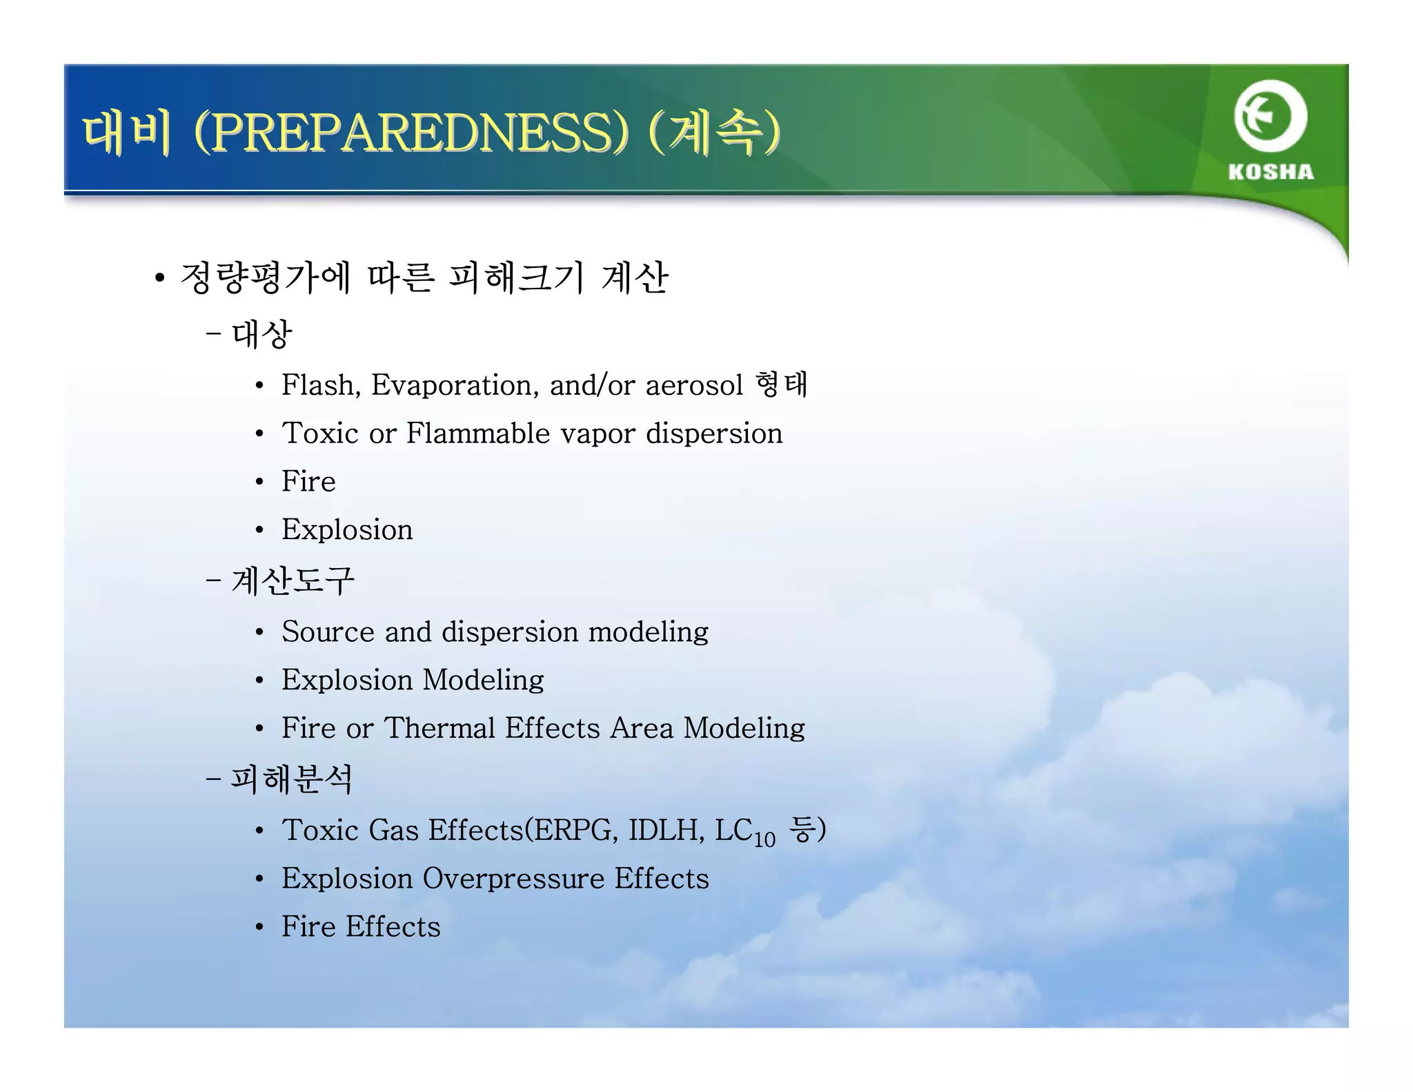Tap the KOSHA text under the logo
click(x=1270, y=172)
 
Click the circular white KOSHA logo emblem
click(x=1270, y=116)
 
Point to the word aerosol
click(x=694, y=385)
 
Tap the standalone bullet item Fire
click(x=308, y=481)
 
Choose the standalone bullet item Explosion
click(x=347, y=530)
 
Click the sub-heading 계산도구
click(x=293, y=580)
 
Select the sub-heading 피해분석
click(x=291, y=779)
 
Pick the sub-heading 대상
click(x=262, y=335)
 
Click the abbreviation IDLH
click(x=666, y=830)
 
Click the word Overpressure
click(x=513, y=879)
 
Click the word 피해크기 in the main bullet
click(x=516, y=277)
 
